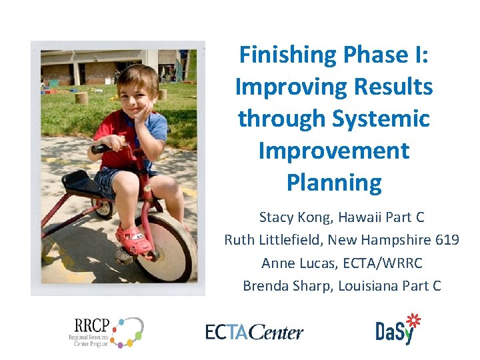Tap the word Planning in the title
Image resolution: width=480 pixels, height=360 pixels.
pos(334,183)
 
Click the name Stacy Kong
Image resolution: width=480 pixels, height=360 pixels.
pos(291,217)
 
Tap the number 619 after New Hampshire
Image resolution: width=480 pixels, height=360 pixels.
pos(446,240)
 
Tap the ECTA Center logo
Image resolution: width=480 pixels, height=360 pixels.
pos(254,332)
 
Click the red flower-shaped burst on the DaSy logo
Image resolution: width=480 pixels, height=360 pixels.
pos(414,321)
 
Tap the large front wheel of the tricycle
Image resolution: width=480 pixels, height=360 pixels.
pos(167,247)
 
